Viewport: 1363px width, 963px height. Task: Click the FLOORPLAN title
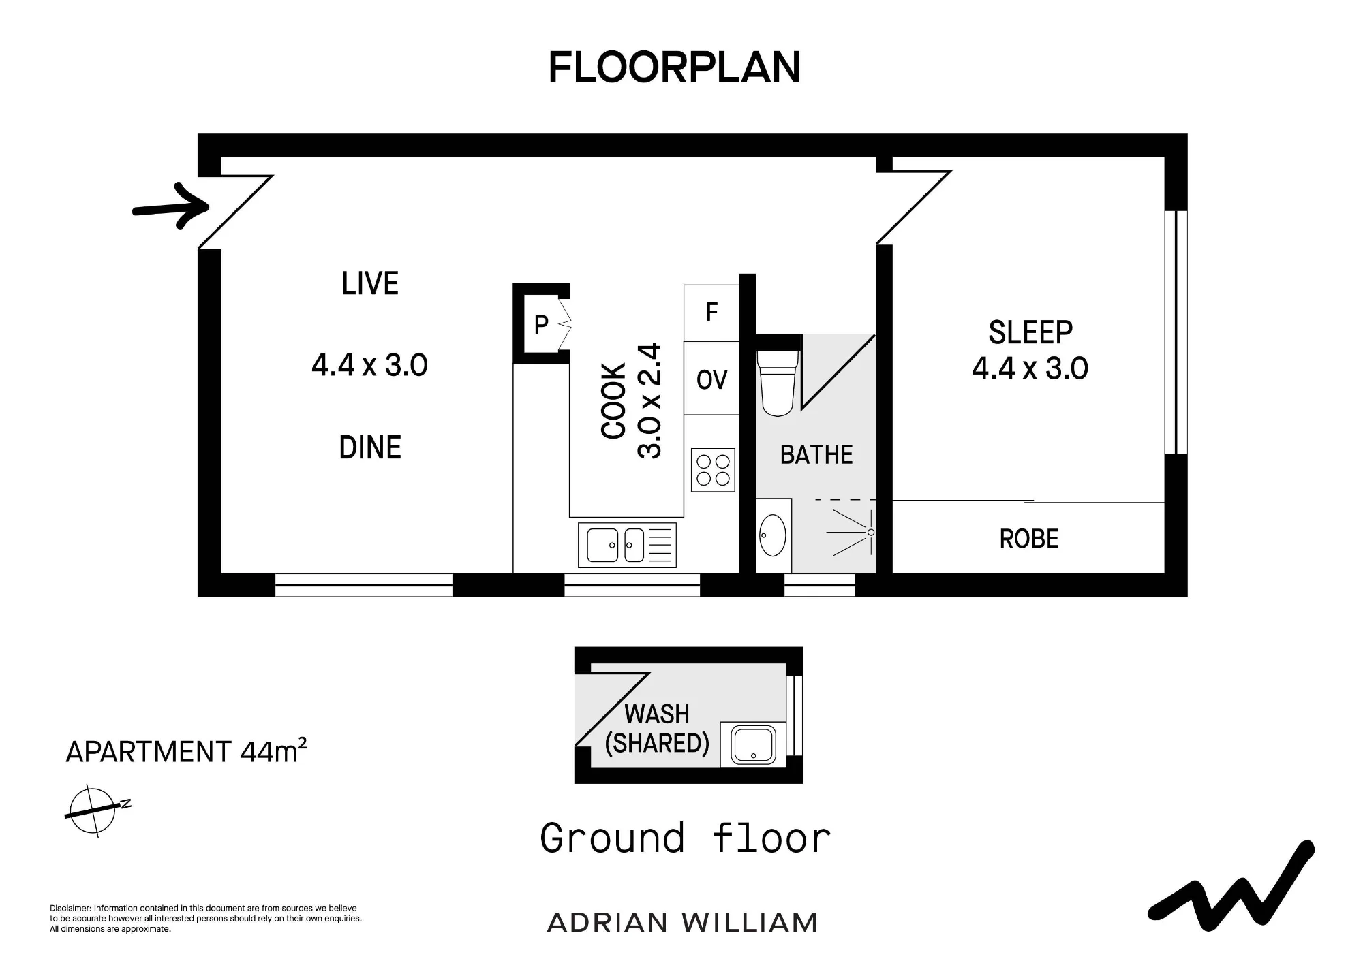coord(675,67)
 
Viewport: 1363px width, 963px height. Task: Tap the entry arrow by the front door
coord(170,206)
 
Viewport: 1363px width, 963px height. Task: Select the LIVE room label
coord(370,283)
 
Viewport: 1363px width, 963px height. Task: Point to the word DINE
coord(370,447)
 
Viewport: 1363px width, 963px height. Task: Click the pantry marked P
coord(541,324)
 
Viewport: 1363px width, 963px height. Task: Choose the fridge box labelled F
coord(711,313)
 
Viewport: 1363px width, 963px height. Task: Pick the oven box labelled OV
coord(711,379)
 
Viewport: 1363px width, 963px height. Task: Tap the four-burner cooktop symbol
coord(713,470)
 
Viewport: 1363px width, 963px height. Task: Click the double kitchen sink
coord(627,545)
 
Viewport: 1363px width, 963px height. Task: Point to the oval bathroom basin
coord(773,535)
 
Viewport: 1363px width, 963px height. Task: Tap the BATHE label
coord(816,454)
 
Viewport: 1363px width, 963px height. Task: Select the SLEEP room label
coord(1030,332)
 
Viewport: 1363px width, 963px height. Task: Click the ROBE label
coord(1029,539)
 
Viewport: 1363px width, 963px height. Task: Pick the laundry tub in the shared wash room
coord(754,744)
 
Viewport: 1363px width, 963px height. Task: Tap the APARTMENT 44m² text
coord(186,751)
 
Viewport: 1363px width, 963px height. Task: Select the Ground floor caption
coord(686,838)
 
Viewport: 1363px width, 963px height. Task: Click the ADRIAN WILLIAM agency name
coord(682,923)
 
